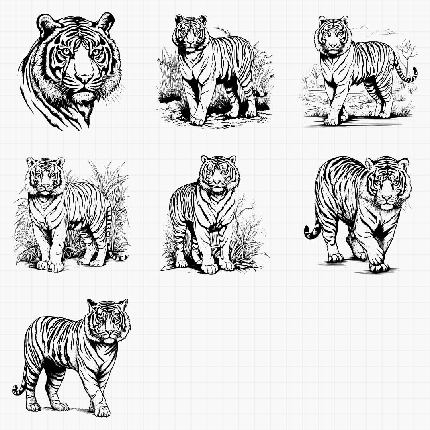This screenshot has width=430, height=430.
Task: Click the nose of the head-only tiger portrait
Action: coord(84,78)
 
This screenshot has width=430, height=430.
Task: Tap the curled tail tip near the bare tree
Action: coord(414,74)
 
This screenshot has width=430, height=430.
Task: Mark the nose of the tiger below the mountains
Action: coord(333,45)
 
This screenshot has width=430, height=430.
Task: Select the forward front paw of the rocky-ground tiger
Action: coord(197,120)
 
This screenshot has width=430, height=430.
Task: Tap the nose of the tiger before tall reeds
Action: coord(45,186)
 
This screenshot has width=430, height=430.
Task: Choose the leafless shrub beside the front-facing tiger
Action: coord(247,215)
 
